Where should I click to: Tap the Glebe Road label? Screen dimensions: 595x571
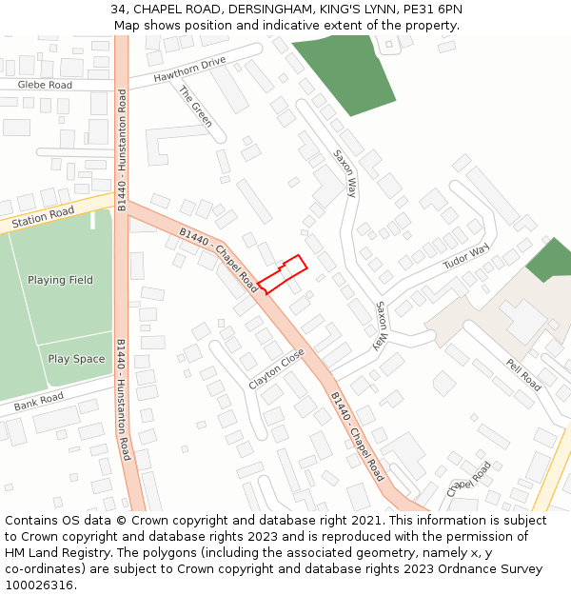[x=45, y=86]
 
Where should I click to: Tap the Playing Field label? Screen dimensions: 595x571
[x=60, y=280]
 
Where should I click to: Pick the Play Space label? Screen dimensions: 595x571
[x=76, y=359]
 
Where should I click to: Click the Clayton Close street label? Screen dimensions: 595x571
[x=276, y=367]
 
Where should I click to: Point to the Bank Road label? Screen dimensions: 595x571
[x=38, y=403]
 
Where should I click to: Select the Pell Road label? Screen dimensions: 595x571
[x=522, y=375]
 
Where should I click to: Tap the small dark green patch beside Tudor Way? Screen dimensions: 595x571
[x=550, y=260]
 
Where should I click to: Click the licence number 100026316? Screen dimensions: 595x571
[x=37, y=585]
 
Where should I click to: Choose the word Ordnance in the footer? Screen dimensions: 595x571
[x=456, y=569]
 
